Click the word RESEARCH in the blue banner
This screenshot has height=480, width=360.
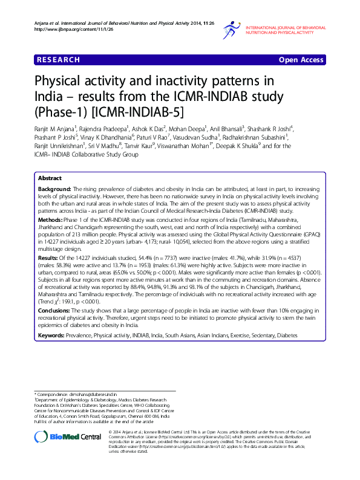coord(58,60)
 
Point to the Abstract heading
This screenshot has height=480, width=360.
coord(50,179)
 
